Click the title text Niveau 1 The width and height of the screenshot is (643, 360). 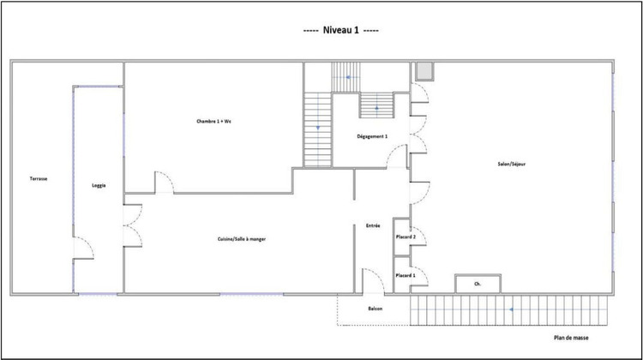click(x=341, y=30)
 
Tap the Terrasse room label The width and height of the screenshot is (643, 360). click(x=39, y=178)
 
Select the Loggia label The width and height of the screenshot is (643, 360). click(x=99, y=185)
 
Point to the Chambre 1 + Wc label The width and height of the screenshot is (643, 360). click(x=213, y=122)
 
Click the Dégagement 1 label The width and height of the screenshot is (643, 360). click(x=372, y=136)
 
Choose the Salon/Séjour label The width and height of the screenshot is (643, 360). click(x=511, y=165)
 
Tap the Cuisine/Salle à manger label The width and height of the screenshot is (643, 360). click(x=241, y=239)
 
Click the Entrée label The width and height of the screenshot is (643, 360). click(x=373, y=225)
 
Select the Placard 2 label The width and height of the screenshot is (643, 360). click(x=405, y=237)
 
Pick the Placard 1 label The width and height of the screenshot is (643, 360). click(x=405, y=275)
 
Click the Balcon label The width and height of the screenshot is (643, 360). click(x=376, y=308)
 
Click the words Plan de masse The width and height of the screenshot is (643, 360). click(x=571, y=338)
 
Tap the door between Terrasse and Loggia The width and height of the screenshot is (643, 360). click(x=84, y=247)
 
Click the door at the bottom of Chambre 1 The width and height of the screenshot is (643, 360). click(x=164, y=183)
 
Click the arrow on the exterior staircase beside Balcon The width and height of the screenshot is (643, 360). click(x=512, y=309)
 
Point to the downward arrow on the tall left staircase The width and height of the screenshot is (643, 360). click(x=318, y=128)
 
